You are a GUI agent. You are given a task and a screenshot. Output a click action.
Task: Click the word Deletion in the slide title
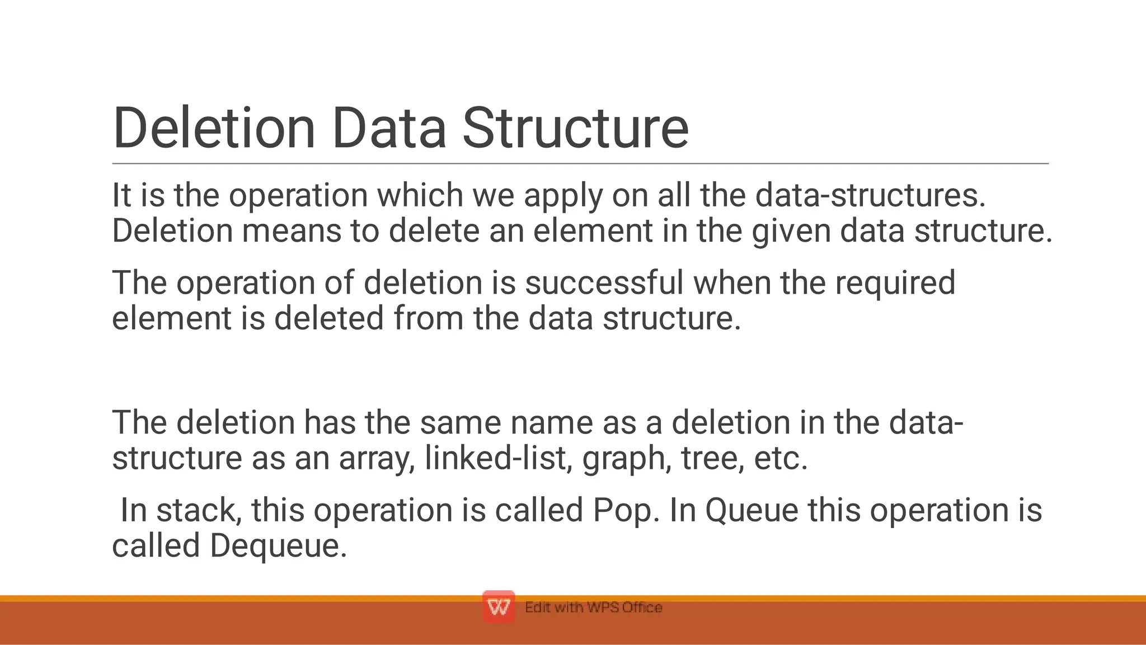click(214, 129)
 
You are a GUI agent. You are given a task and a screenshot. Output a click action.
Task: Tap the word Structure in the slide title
click(575, 129)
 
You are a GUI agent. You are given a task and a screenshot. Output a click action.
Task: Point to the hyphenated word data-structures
click(870, 196)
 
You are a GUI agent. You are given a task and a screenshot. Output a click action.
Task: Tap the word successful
click(604, 283)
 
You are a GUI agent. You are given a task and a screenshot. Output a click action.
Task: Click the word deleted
click(329, 318)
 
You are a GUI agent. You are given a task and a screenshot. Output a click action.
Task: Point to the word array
click(377, 459)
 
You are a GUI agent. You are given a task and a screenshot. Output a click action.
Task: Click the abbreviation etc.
click(781, 458)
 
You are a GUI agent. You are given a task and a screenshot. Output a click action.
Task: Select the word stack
click(199, 510)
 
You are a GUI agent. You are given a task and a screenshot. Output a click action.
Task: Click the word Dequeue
click(279, 547)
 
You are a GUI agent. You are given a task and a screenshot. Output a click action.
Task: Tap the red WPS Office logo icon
click(498, 607)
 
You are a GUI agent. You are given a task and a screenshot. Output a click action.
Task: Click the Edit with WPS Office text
click(593, 608)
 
